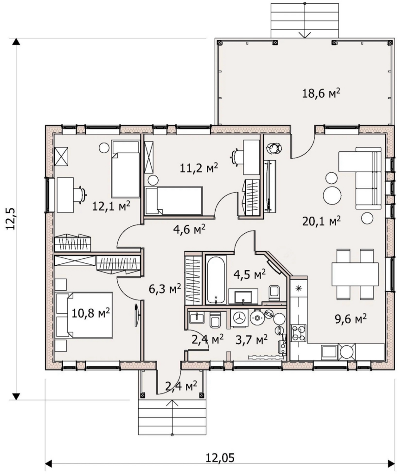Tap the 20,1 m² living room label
click(321, 221)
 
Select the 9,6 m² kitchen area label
click(351, 318)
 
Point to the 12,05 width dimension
click(220, 458)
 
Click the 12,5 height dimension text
click(12, 218)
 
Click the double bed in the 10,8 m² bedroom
click(84, 315)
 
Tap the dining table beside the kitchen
click(355, 274)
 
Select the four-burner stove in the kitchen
click(299, 333)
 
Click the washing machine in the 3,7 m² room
click(239, 318)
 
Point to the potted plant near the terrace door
click(274, 148)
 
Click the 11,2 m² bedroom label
click(199, 168)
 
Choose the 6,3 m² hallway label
click(165, 289)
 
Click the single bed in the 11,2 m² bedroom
click(173, 201)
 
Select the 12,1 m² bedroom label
click(111, 206)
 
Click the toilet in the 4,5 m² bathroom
click(274, 293)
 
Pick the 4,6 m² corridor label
click(189, 230)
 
